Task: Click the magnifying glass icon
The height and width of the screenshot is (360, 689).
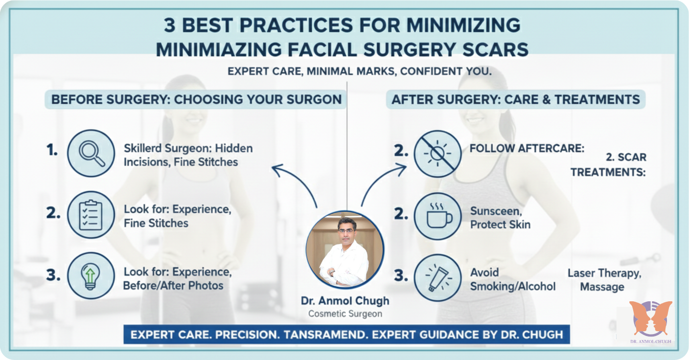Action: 91,153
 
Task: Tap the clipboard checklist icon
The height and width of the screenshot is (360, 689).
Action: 91,215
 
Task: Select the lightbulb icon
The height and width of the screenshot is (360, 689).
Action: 91,276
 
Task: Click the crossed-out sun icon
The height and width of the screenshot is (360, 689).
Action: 437,153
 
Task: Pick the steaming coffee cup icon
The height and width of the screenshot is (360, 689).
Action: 437,215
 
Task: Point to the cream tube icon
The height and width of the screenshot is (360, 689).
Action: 437,277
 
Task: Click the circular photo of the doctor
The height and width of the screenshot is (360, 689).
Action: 344,250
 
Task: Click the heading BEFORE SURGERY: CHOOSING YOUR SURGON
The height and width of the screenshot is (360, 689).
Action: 196,99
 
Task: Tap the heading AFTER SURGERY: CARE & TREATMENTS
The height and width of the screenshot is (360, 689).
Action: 516,100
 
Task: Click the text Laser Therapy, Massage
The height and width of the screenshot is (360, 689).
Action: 603,280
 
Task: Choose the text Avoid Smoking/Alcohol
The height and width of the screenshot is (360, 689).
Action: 512,279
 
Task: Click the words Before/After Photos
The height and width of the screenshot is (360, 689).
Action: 173,285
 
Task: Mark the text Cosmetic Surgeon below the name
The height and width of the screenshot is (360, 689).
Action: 344,314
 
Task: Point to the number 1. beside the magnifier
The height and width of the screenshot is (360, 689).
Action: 52,151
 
